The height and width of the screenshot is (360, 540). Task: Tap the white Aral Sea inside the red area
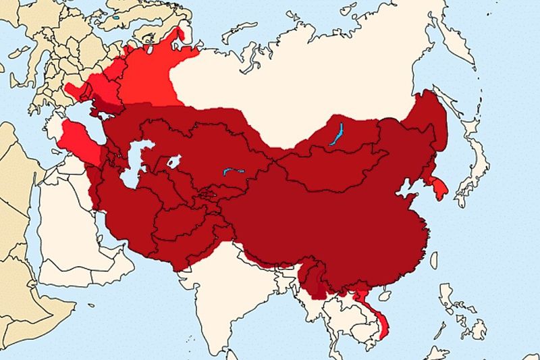tap(173, 161)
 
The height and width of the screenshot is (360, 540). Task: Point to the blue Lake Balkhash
tap(233, 172)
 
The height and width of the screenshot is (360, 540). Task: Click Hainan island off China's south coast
tap(385, 295)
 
